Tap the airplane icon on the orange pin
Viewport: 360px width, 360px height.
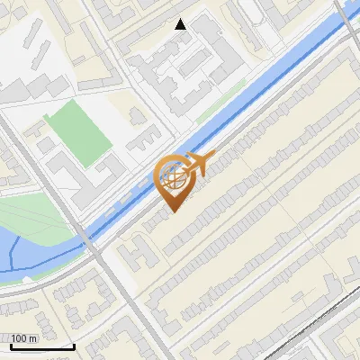[198, 163]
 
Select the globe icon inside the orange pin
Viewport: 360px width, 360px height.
[175, 177]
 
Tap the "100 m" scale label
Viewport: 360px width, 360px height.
[24, 338]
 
